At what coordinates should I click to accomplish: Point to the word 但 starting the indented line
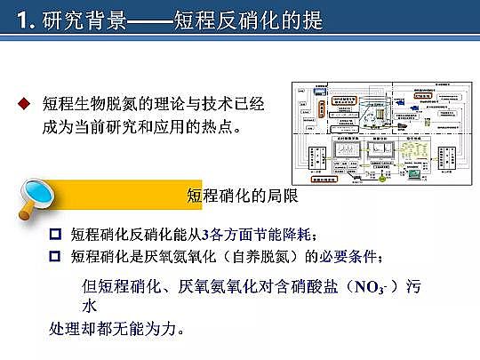[x=88, y=287]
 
